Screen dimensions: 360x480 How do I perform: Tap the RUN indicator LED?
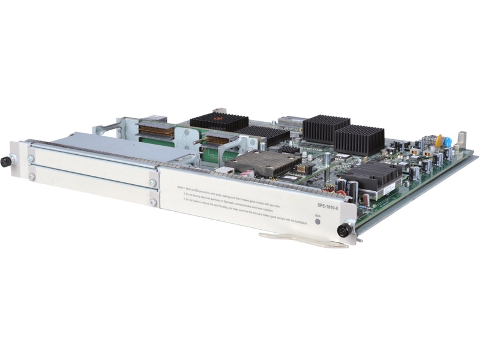317,220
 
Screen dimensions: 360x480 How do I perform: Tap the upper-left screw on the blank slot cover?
31,158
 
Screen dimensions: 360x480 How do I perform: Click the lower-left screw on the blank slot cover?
32,176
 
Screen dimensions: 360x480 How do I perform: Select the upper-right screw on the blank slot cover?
152,183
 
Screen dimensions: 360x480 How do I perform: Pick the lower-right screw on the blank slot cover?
152,202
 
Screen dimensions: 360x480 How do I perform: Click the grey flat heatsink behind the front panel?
261,163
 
